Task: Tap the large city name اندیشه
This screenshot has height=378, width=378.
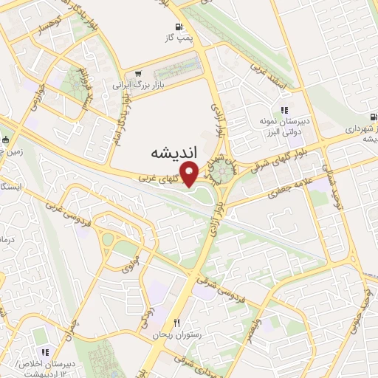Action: (175, 153)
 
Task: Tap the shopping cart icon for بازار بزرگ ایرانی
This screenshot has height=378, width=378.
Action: (138, 75)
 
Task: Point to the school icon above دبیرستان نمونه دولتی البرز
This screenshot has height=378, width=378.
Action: (283, 110)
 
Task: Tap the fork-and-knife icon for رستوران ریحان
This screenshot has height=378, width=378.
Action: (176, 323)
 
